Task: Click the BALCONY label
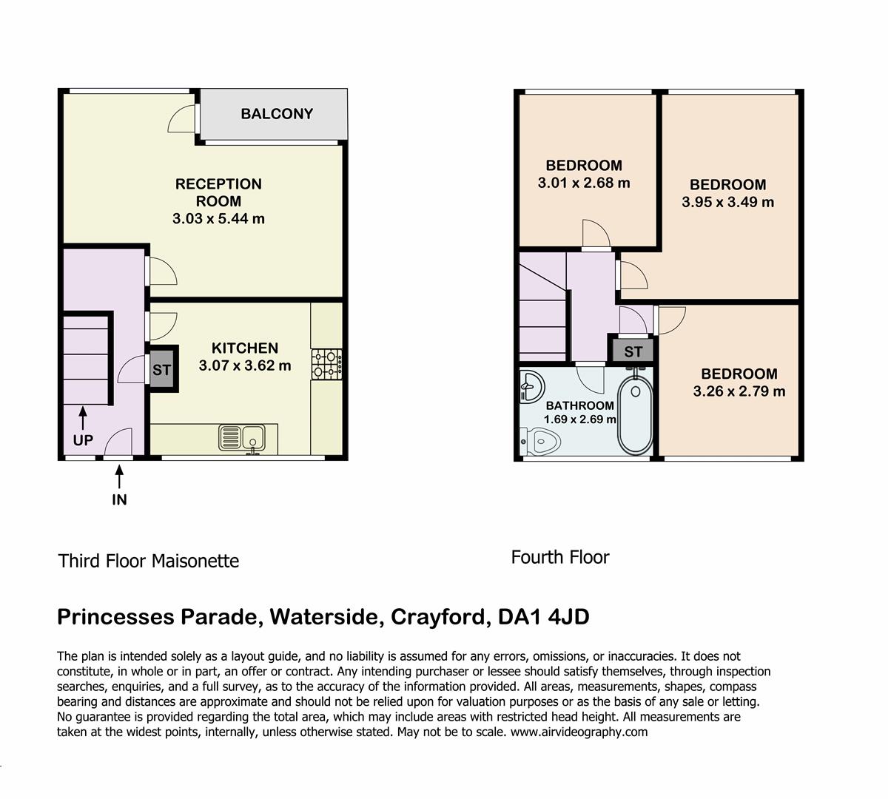coord(277,114)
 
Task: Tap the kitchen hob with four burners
coord(326,364)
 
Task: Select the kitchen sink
coord(242,437)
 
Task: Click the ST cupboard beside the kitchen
coord(161,370)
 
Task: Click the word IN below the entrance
coord(119,499)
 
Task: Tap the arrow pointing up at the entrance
coord(119,477)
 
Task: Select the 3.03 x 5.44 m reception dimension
coord(218,218)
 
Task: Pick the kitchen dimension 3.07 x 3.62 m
coord(245,365)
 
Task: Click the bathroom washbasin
coord(531,386)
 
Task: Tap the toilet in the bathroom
coord(540,442)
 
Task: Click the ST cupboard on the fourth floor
coord(633,351)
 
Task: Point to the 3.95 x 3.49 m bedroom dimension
coord(728,202)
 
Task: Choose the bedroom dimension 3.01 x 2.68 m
coord(584,183)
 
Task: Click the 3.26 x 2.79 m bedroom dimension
coord(739,391)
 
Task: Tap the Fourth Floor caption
coord(560,558)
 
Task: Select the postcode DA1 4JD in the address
coord(544,617)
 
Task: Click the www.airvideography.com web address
coord(579,732)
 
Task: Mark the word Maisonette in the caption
coord(195,561)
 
